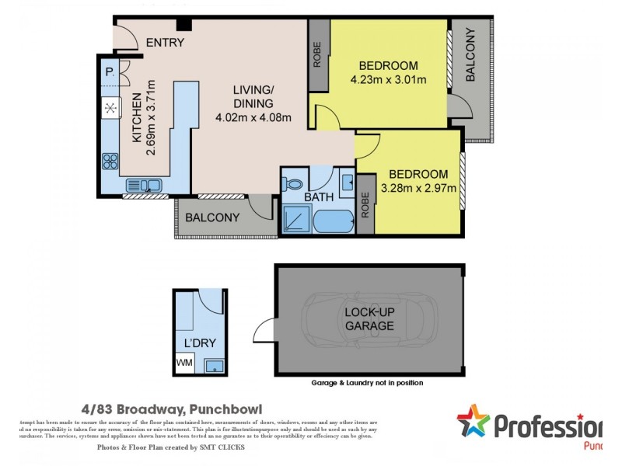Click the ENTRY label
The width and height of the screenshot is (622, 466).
click(165, 42)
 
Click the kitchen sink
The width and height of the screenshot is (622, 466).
click(144, 185)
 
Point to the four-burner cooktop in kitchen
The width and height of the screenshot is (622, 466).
click(110, 162)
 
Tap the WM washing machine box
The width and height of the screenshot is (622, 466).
click(184, 363)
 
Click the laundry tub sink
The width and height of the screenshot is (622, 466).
click(211, 365)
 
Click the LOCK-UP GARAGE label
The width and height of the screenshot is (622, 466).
click(369, 319)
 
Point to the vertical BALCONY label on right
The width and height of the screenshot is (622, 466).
click(470, 55)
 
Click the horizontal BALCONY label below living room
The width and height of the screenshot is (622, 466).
click(212, 217)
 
